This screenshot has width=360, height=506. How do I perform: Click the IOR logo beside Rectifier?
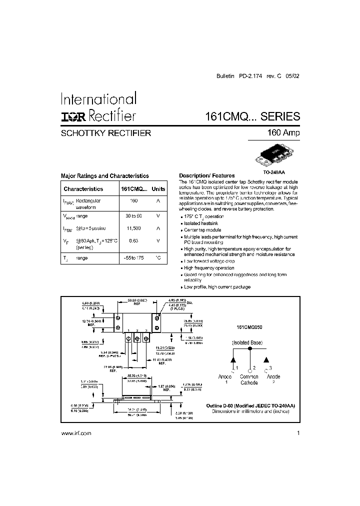coord(73,117)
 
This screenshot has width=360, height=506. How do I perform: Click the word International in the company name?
coord(97,98)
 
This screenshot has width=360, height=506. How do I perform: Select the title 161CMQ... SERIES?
coord(252,116)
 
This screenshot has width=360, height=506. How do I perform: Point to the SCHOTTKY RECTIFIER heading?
coord(105,133)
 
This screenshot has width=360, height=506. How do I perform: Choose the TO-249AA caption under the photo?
coord(273,171)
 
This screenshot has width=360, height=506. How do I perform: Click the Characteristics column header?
coord(83,189)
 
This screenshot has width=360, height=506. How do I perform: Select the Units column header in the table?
coord(158,189)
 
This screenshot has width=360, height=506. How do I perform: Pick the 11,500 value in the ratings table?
coord(133,228)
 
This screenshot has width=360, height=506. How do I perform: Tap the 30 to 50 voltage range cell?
coord(133,215)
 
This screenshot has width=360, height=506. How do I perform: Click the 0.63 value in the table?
coord(133,240)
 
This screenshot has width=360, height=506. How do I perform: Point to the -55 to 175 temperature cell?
coord(133,258)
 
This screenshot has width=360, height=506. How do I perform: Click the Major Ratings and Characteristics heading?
coord(104,176)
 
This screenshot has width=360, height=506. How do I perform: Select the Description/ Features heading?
coord(207,176)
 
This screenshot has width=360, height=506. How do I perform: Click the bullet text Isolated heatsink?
coord(201,223)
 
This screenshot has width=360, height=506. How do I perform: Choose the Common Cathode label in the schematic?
coord(249,379)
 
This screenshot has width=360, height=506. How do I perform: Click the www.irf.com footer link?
coord(76,434)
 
